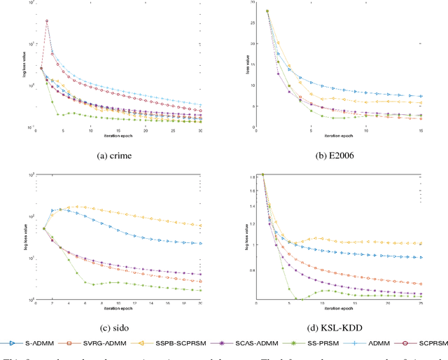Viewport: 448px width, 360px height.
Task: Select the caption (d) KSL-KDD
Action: (x=338, y=324)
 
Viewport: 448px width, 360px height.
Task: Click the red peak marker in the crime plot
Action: (x=47, y=21)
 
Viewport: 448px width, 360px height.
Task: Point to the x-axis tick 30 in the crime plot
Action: (x=199, y=131)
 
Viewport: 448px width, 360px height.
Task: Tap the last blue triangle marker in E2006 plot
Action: (x=420, y=97)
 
